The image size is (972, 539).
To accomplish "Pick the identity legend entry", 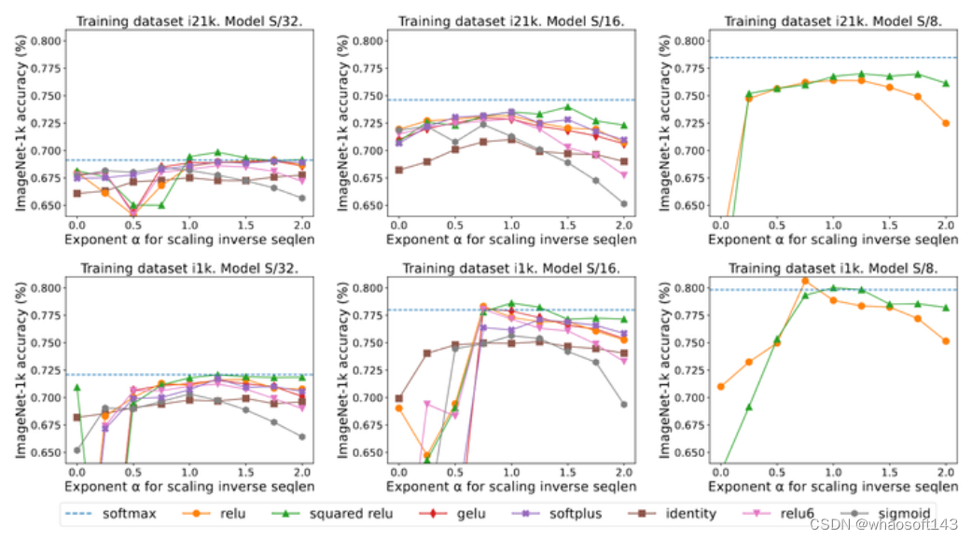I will [678, 513].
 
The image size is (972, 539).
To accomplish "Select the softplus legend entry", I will [567, 513].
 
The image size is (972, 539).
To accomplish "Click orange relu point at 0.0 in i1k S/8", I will [720, 386].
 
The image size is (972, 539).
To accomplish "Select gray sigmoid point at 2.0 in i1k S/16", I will [623, 405].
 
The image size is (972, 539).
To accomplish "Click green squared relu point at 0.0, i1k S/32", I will [76, 387].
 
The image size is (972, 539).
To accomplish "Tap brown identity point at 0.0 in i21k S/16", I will [399, 170].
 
